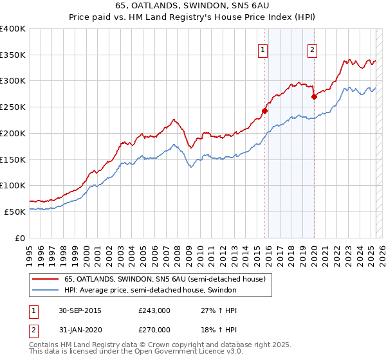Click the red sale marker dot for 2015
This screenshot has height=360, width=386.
pyautogui.click(x=264, y=110)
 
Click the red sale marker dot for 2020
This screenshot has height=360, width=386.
pyautogui.click(x=314, y=96)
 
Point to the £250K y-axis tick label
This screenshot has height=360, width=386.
pyautogui.click(x=13, y=107)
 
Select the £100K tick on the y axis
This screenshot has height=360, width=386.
pyautogui.click(x=13, y=185)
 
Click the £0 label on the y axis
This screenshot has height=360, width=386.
pyautogui.click(x=21, y=237)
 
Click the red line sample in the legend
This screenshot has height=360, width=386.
pyautogui.click(x=45, y=278)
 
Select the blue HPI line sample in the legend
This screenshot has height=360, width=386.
pyautogui.click(x=45, y=290)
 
